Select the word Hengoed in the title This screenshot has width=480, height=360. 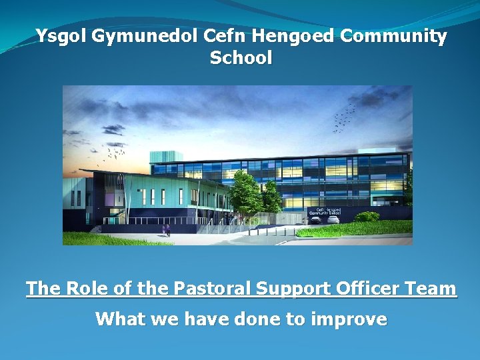coord(296,36)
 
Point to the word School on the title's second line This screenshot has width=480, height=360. coord(241,58)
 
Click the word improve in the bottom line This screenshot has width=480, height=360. coord(347,319)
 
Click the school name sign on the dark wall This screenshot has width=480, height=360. coord(325,210)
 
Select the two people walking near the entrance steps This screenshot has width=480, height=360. coord(166,229)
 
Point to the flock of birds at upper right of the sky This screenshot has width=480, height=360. coord(344,117)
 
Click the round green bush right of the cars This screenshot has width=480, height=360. coord(367,217)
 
